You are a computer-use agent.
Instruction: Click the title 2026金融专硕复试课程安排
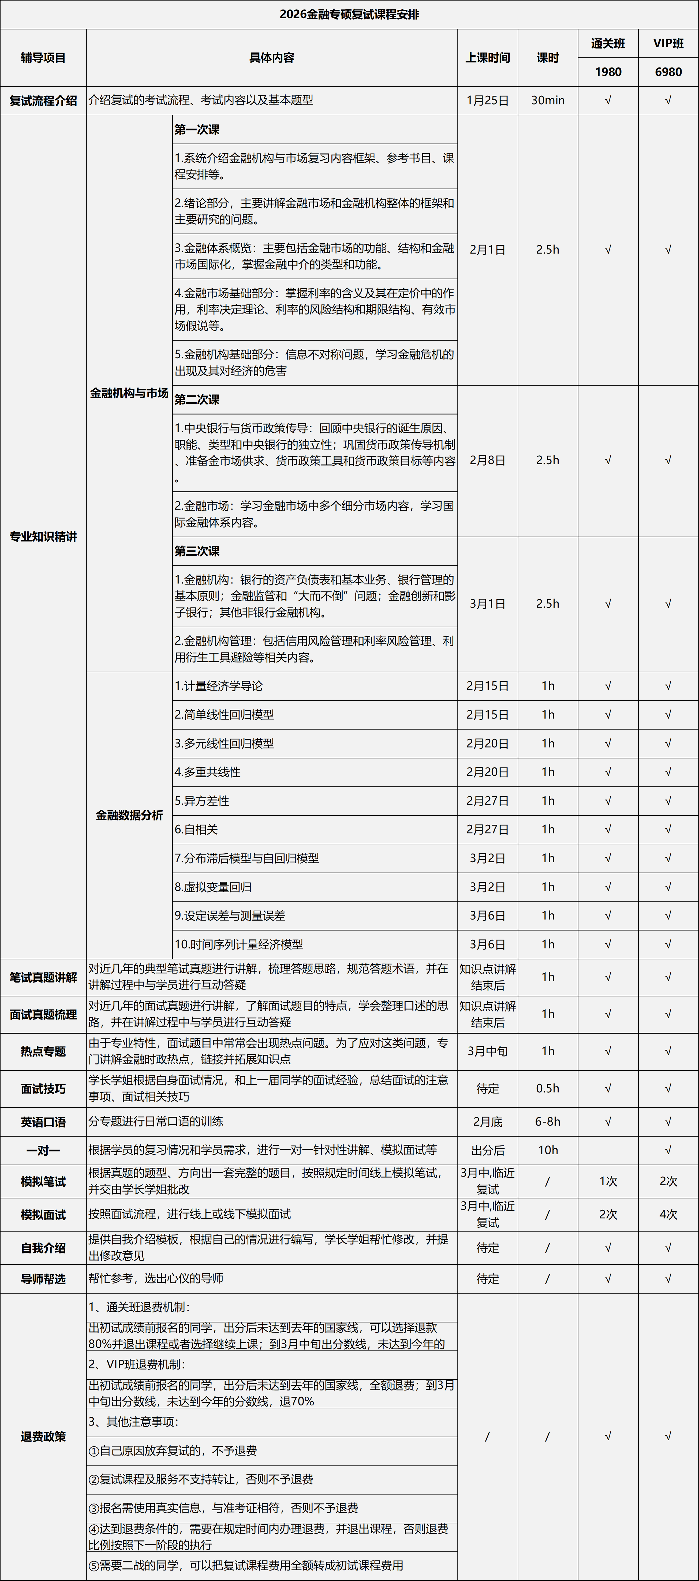click(349, 14)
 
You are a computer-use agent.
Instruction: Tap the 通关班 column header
click(608, 44)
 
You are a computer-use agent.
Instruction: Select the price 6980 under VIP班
click(668, 72)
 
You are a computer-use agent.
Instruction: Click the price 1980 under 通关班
click(608, 72)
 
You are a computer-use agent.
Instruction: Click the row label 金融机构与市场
click(129, 393)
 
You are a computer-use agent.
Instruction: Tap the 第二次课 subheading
click(197, 400)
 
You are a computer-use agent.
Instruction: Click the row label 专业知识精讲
click(43, 536)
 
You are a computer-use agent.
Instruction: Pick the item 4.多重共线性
click(207, 772)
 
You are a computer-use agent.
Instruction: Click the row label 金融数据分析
click(129, 815)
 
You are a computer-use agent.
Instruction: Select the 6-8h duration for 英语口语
click(547, 1121)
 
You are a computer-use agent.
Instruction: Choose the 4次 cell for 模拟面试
click(668, 1214)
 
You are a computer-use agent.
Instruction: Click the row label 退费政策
click(43, 1436)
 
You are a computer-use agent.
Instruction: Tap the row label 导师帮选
click(43, 1278)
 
